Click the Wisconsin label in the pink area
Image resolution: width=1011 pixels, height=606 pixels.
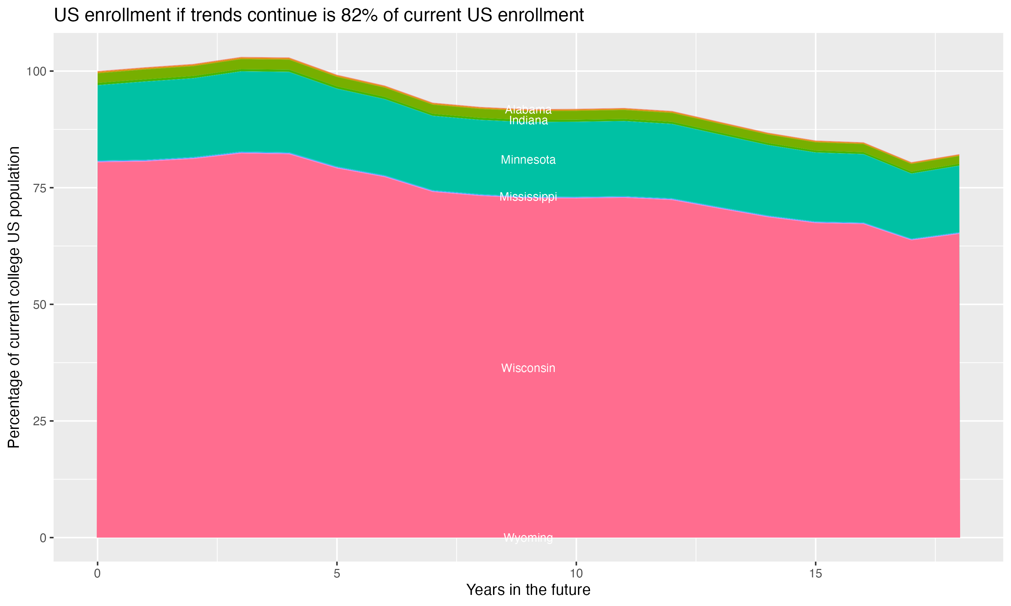point(528,368)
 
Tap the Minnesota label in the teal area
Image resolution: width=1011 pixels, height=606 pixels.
point(528,160)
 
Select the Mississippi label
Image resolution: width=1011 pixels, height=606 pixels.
point(528,197)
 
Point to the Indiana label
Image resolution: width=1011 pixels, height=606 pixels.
point(528,121)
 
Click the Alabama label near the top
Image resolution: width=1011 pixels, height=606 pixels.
point(528,109)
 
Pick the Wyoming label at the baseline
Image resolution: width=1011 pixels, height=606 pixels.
point(528,538)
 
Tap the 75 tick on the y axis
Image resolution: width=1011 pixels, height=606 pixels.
point(38,188)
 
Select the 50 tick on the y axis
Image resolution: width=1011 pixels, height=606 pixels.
point(38,305)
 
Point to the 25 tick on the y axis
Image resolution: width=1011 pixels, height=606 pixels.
point(38,421)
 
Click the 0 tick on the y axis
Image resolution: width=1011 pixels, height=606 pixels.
point(42,538)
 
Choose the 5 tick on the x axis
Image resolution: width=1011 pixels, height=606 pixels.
point(337,574)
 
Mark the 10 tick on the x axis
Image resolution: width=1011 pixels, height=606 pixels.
point(576,574)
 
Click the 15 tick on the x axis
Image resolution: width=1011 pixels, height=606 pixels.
point(815,574)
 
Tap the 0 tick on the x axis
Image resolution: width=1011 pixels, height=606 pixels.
point(97,574)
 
